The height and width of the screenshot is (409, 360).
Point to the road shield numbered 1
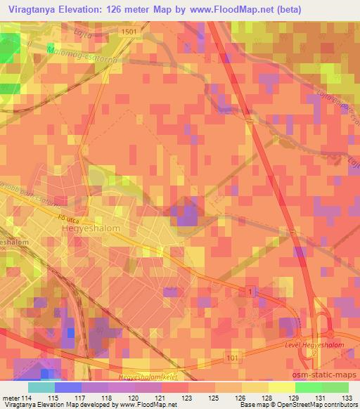pyautogui.click(x=249, y=290)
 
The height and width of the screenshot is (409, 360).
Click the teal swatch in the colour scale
pyautogui.click(x=41, y=387)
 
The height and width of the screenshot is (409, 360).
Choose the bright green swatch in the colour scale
pyautogui.click(x=308, y=387)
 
